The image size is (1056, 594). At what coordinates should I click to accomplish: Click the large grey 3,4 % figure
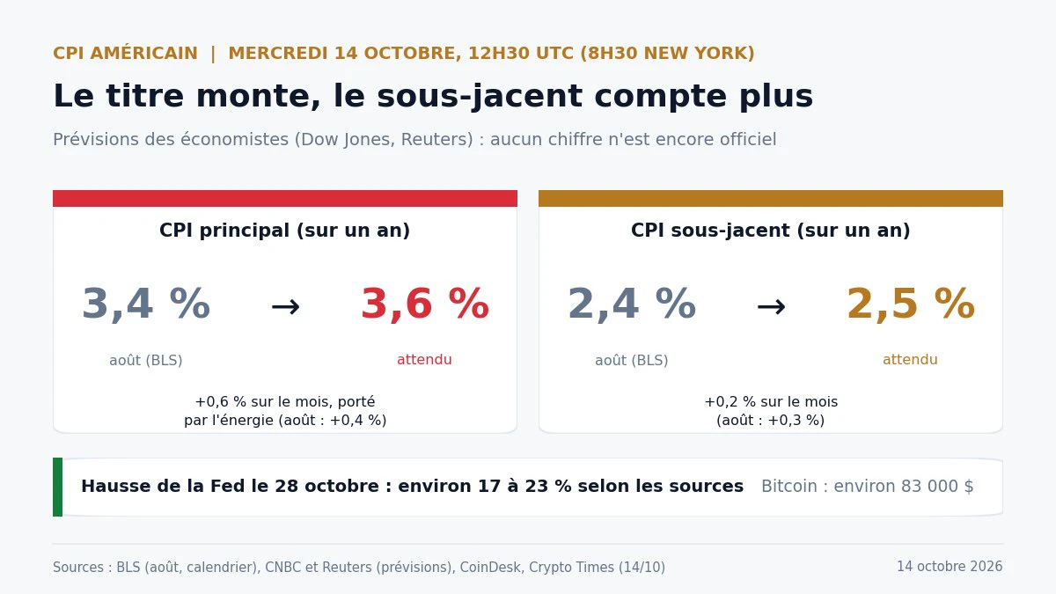click(146, 304)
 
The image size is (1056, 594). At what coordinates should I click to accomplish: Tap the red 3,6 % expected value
click(425, 304)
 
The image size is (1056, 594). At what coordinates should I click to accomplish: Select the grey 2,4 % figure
click(632, 304)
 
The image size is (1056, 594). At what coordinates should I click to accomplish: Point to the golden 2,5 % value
click(910, 304)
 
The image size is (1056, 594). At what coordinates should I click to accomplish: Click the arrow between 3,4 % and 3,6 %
click(286, 307)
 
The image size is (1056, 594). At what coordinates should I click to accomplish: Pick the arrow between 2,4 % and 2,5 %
click(771, 307)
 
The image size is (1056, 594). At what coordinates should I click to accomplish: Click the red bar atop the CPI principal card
click(285, 199)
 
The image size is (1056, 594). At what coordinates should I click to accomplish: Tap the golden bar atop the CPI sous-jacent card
click(771, 199)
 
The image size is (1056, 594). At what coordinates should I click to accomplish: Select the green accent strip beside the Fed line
click(57, 487)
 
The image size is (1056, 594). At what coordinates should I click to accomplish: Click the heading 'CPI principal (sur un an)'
click(285, 231)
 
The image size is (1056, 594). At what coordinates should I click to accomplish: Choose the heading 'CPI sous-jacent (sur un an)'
click(771, 231)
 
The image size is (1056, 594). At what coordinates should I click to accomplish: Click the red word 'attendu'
click(424, 360)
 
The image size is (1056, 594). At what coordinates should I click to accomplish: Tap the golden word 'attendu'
click(910, 360)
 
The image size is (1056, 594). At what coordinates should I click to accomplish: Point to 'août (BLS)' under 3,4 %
click(146, 360)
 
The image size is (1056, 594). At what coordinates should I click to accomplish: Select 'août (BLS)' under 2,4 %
click(632, 360)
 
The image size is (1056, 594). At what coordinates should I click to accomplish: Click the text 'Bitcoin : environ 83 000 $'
click(868, 486)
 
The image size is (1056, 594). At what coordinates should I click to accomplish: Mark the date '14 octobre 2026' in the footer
click(950, 566)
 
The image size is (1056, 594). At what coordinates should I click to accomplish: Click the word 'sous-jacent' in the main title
click(480, 97)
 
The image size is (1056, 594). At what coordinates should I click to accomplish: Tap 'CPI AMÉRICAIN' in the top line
click(125, 53)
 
